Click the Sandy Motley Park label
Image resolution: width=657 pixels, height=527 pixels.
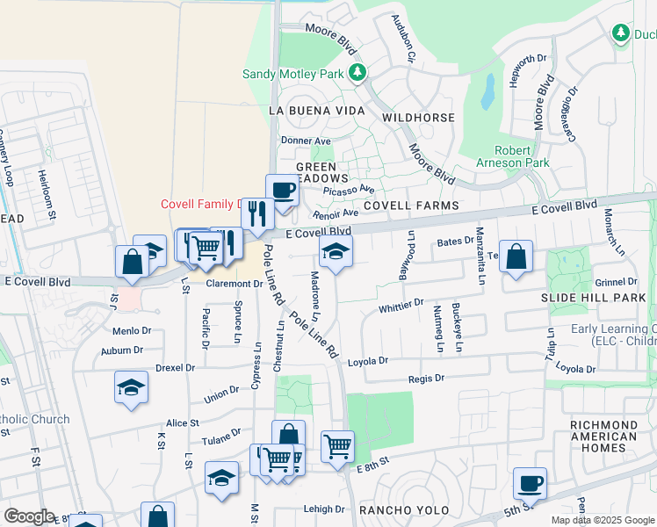(292, 75)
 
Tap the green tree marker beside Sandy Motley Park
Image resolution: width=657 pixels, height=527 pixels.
(357, 73)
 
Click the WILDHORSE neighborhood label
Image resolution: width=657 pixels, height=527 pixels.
(418, 118)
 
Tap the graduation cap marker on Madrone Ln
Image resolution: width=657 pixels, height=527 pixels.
(336, 250)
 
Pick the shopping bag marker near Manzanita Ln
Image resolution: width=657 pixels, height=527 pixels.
(516, 256)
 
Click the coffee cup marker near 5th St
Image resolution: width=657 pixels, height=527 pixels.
(530, 483)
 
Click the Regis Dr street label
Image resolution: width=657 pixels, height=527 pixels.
(427, 378)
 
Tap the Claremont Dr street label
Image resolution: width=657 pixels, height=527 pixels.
(235, 284)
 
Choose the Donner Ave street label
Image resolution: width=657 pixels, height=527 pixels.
(306, 141)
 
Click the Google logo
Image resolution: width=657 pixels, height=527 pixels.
(29, 516)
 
